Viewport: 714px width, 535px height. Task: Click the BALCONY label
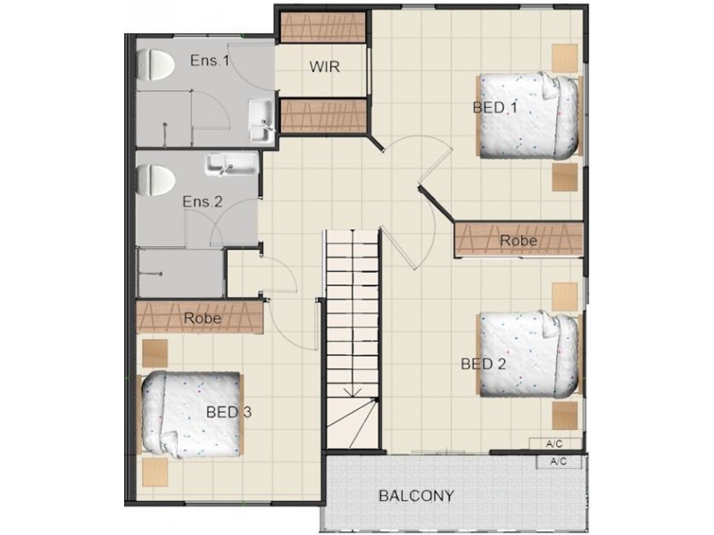pyautogui.click(x=416, y=496)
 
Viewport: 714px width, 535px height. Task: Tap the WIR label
pyautogui.click(x=324, y=67)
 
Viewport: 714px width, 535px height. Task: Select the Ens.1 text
pyautogui.click(x=210, y=61)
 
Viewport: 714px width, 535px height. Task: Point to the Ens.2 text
pyautogui.click(x=203, y=202)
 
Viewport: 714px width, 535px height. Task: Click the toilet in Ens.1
pyautogui.click(x=155, y=65)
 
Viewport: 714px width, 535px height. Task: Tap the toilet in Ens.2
pyautogui.click(x=155, y=181)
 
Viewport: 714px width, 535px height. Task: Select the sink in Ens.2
pyautogui.click(x=232, y=164)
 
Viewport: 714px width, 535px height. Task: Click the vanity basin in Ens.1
pyautogui.click(x=261, y=121)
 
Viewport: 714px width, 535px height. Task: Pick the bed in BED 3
pyautogui.click(x=191, y=414)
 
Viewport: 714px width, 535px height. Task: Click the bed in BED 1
pyautogui.click(x=529, y=115)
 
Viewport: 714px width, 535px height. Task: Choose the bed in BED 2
pyautogui.click(x=529, y=354)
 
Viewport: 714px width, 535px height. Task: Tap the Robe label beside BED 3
pyautogui.click(x=203, y=318)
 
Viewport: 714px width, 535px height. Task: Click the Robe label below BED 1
pyautogui.click(x=519, y=240)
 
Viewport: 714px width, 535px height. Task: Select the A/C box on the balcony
pyautogui.click(x=559, y=462)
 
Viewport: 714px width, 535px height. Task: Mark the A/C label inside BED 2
pyautogui.click(x=554, y=443)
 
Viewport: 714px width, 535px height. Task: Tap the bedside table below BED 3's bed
pyautogui.click(x=155, y=473)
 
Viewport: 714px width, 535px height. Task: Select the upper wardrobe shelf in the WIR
pyautogui.click(x=322, y=27)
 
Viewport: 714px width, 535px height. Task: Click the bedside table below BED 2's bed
pyautogui.click(x=565, y=415)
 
